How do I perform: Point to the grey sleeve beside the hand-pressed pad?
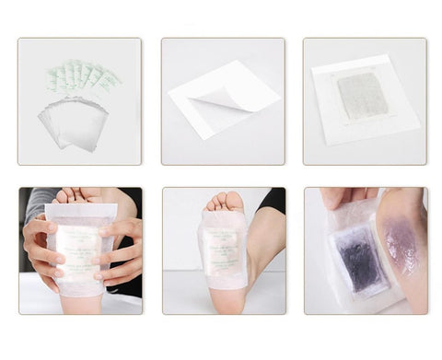pyautogui.click(x=34, y=204)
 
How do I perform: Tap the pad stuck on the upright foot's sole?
pyautogui.click(x=222, y=247)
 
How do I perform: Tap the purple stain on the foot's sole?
pyautogui.click(x=404, y=246)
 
